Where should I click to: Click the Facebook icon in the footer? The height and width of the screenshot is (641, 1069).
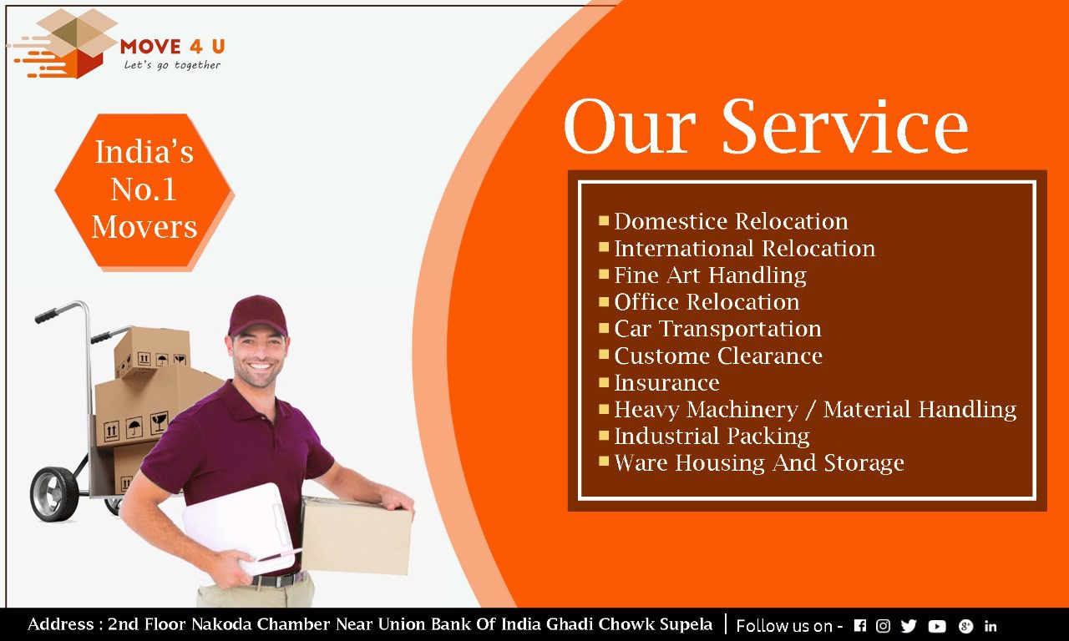click(x=860, y=625)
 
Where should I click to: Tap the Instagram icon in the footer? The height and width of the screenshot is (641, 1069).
click(x=883, y=625)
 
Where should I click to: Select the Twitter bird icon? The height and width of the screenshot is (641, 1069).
click(x=909, y=626)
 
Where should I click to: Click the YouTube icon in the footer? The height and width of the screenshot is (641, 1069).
click(x=937, y=626)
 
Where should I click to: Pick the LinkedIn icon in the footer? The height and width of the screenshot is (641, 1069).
click(x=990, y=626)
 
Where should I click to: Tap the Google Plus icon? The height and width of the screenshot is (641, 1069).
click(x=965, y=626)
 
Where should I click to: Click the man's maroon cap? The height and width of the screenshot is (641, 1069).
click(x=257, y=315)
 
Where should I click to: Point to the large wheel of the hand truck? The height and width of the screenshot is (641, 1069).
click(x=54, y=493)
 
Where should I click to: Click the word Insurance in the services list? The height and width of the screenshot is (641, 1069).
click(x=666, y=382)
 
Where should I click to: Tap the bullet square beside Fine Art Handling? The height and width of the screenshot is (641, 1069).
click(x=604, y=275)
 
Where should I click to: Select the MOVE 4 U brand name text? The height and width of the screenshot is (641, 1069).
click(x=173, y=47)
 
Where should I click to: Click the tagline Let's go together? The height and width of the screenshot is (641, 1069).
click(x=172, y=65)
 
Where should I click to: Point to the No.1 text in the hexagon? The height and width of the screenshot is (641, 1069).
click(x=144, y=189)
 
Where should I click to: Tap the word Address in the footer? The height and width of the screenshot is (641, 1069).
click(x=61, y=624)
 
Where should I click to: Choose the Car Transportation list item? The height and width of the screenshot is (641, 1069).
click(x=717, y=329)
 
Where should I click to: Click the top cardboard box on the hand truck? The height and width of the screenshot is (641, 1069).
click(x=152, y=352)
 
